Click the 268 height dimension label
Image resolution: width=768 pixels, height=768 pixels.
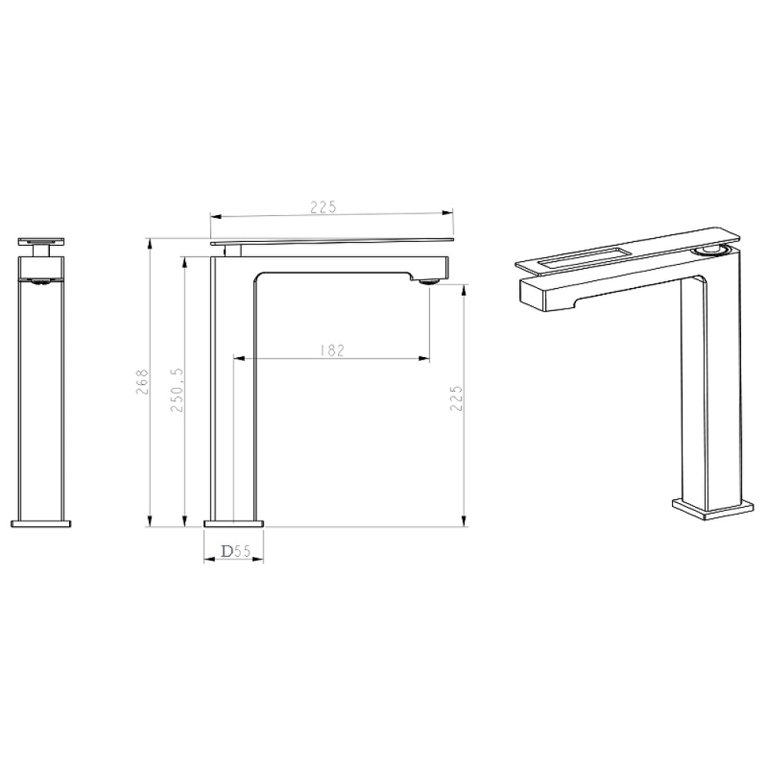141,382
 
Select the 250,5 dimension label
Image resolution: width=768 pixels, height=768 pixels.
177,390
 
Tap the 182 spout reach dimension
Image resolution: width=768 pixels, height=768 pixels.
332,350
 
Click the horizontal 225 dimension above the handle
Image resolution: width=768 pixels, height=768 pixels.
323,207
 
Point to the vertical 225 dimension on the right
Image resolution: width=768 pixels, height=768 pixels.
456,398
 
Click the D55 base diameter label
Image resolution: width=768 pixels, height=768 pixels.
236,551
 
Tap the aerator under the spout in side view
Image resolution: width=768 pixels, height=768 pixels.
429,282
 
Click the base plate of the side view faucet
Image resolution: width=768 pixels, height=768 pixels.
233,524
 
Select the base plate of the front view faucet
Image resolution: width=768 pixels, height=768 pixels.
41,524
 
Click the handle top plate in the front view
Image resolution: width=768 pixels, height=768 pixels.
41,241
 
